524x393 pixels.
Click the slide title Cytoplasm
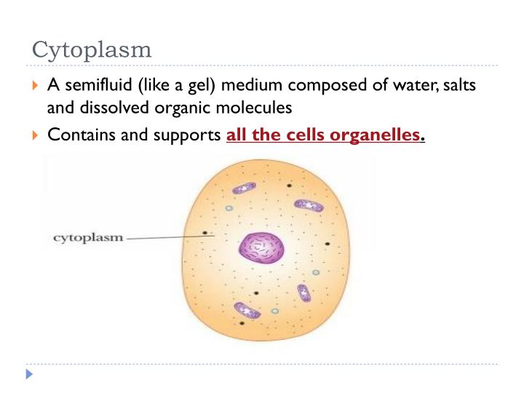pyautogui.click(x=92, y=50)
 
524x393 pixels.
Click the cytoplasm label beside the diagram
pyautogui.click(x=88, y=237)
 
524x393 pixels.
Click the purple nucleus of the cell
pyautogui.click(x=261, y=250)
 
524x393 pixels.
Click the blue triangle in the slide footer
pyautogui.click(x=30, y=376)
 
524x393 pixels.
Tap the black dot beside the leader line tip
pyautogui.click(x=205, y=234)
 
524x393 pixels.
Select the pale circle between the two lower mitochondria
pyautogui.click(x=275, y=311)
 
